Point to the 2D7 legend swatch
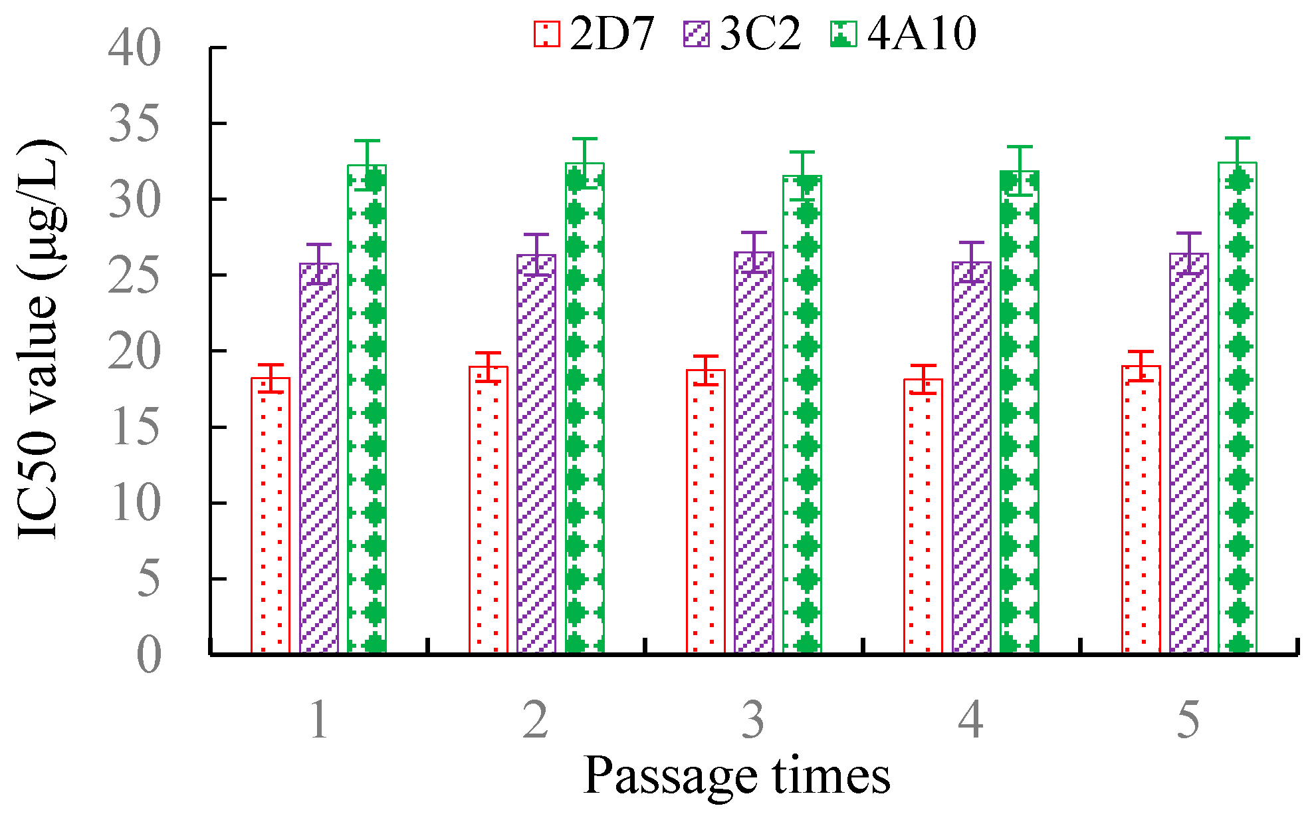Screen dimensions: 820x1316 pyautogui.click(x=546, y=33)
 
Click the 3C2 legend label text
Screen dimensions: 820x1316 pyautogui.click(x=760, y=33)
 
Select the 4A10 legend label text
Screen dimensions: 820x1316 pyautogui.click(x=922, y=33)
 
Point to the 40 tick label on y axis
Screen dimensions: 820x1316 pyautogui.click(x=135, y=48)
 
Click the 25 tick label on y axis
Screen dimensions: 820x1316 pyautogui.click(x=135, y=275)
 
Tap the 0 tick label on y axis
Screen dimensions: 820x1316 pyautogui.click(x=149, y=655)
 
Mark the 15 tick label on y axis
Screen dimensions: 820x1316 pyautogui.click(x=135, y=427)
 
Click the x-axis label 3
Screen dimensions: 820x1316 pyautogui.click(x=753, y=720)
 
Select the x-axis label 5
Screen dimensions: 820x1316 pyautogui.click(x=1188, y=720)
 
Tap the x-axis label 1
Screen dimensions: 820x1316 pyautogui.click(x=319, y=720)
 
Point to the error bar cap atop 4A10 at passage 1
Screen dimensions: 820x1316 pyautogui.click(x=367, y=141)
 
